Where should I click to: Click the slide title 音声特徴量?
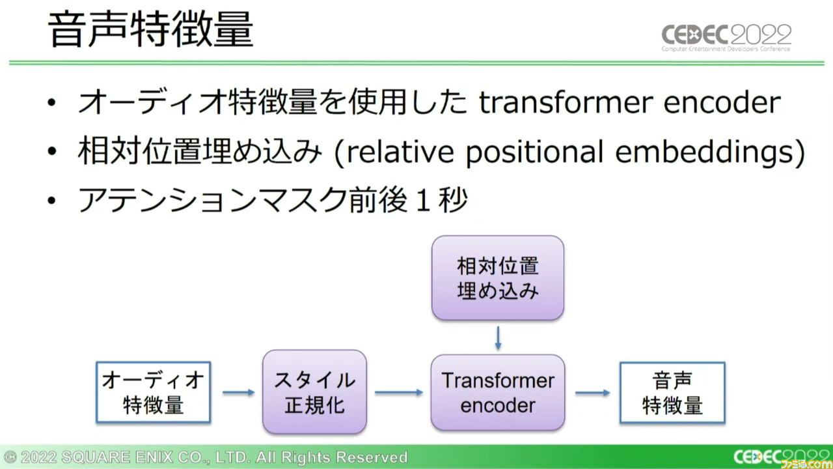(x=150, y=29)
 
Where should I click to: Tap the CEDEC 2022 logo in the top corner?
(x=726, y=38)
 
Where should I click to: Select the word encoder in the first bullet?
(x=722, y=102)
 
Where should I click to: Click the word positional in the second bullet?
(x=534, y=152)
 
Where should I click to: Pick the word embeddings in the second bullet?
(x=705, y=152)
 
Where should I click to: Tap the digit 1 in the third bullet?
(x=423, y=200)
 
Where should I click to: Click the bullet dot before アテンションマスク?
(x=51, y=201)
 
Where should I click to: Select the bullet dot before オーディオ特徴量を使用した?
(x=51, y=102)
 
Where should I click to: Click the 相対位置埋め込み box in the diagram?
(x=498, y=277)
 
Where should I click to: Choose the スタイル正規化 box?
(x=314, y=392)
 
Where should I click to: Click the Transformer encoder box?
(x=498, y=392)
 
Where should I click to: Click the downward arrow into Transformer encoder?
(x=498, y=338)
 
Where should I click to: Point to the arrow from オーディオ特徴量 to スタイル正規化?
(x=238, y=392)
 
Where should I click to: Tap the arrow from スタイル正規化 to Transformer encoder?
(x=399, y=392)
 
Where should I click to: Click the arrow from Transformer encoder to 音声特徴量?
(x=592, y=393)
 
